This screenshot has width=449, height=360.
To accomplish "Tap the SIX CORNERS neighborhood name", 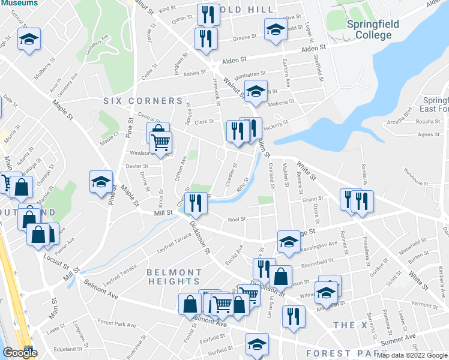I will (x=143, y=101).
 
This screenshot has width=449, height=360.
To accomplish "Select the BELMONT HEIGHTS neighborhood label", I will (x=173, y=277).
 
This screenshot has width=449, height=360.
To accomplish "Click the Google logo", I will (x=20, y=353).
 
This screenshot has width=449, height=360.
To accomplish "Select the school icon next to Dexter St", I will (x=101, y=182).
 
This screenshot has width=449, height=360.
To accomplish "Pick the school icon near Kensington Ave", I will (x=289, y=241).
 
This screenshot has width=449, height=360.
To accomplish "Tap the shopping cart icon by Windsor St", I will (x=160, y=143).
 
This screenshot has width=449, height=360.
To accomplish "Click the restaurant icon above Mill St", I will (x=196, y=203).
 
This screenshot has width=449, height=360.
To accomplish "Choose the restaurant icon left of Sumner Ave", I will (x=294, y=317).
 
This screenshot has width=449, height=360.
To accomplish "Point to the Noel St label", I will (x=237, y=220).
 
